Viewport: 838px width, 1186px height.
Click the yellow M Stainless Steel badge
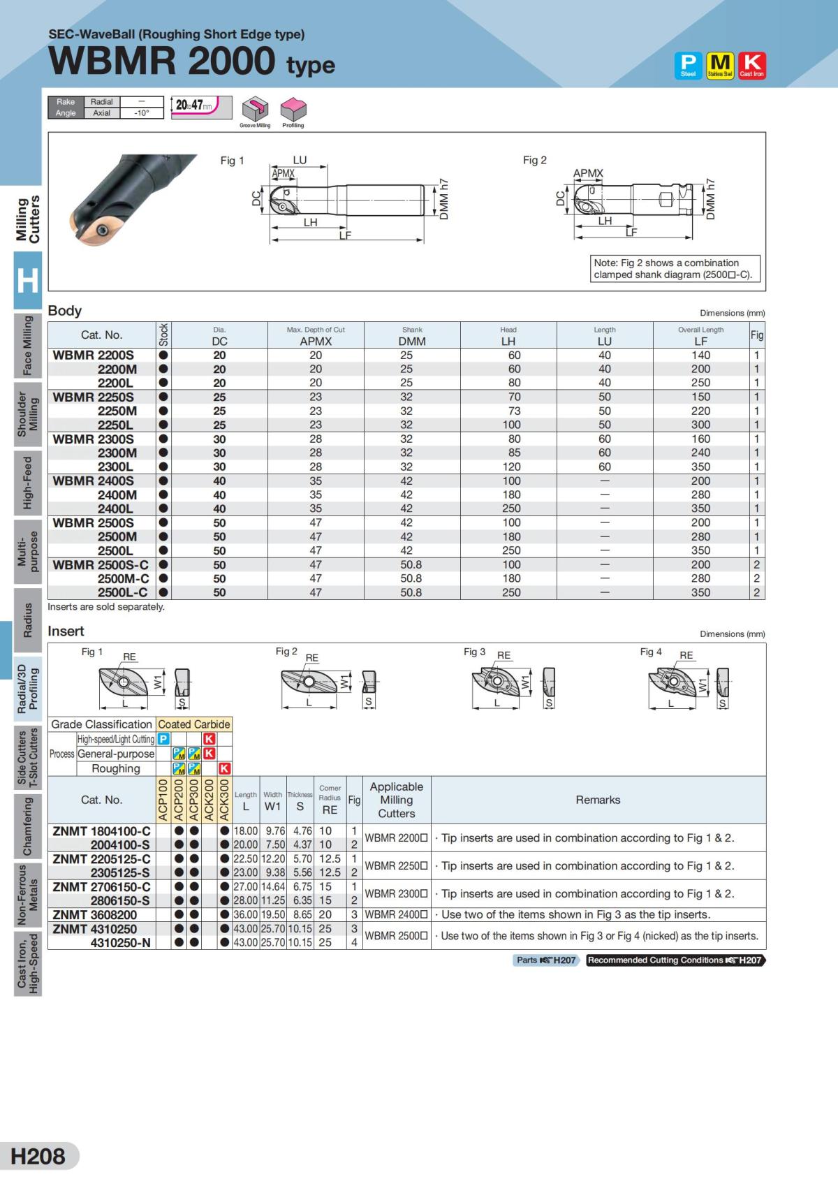720,66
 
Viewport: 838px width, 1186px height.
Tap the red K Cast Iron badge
751,66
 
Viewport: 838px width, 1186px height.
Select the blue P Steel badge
688,66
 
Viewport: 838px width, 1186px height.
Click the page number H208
38,1156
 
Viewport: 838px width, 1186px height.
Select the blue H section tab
27,281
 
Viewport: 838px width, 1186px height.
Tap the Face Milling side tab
27,345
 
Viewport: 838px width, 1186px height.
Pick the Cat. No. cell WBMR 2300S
94,439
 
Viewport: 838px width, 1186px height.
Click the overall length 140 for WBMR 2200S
700,355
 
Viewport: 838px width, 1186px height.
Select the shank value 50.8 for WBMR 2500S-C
411,564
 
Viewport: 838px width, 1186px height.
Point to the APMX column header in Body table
316,341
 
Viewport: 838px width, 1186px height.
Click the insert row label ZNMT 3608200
95,914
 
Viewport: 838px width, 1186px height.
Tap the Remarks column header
598,800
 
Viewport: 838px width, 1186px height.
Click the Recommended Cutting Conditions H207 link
675,960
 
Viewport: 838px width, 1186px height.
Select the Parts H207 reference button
546,960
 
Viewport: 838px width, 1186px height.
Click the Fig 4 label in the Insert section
651,652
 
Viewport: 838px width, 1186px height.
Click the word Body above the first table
65,311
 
